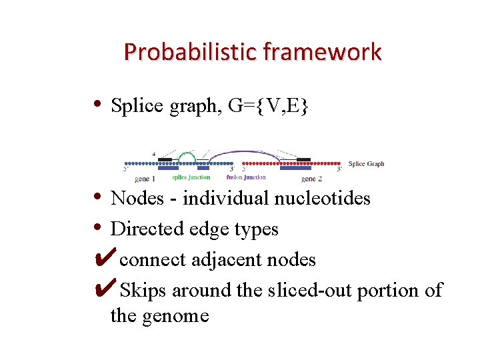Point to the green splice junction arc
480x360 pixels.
(x=187, y=156)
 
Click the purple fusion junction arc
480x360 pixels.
(x=247, y=154)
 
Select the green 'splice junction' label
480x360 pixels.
(x=191, y=177)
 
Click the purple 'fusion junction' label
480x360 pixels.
(x=246, y=177)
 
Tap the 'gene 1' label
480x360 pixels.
(x=145, y=179)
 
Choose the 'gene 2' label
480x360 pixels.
(x=311, y=179)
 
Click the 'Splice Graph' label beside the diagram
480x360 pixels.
(x=366, y=164)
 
